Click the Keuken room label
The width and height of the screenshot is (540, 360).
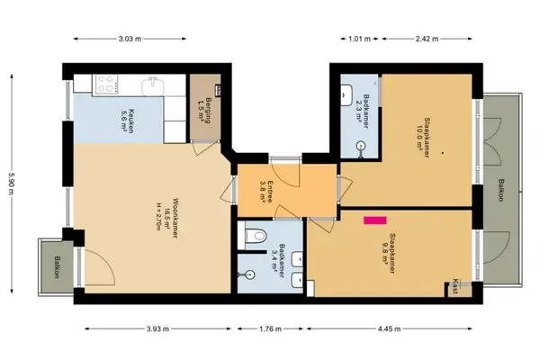[x=129, y=119]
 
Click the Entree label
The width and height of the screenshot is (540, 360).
[x=265, y=184]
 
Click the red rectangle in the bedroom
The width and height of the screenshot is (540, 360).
[x=373, y=218]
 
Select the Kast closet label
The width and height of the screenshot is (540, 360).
[x=458, y=283]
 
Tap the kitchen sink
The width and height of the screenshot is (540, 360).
[x=155, y=85]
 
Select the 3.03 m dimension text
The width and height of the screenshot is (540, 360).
[x=131, y=38]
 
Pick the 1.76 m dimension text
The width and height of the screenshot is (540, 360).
[x=270, y=328]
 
